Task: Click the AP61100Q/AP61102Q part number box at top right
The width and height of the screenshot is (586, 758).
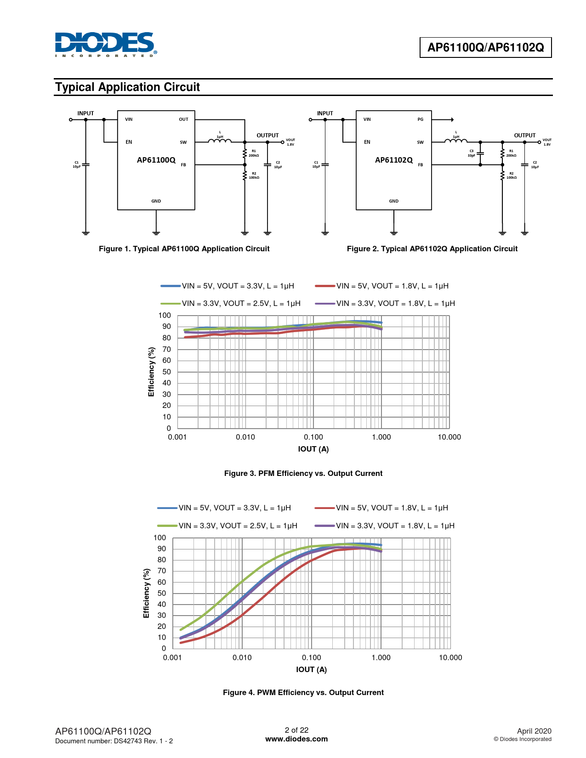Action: (485, 47)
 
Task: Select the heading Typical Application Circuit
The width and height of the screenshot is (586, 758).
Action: (127, 87)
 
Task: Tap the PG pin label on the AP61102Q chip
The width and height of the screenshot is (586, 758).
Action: (420, 119)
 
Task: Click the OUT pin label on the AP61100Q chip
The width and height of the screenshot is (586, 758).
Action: (183, 119)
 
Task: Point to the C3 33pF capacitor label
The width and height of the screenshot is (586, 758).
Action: (472, 153)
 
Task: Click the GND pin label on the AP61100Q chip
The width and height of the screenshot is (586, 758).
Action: (156, 201)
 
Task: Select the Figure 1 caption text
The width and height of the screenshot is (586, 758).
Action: (184, 249)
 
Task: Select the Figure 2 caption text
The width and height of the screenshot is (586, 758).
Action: (432, 249)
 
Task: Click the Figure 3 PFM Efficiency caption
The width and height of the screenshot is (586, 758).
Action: (303, 474)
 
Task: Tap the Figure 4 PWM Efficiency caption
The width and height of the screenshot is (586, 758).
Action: (303, 693)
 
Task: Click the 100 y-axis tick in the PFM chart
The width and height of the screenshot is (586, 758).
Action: (165, 316)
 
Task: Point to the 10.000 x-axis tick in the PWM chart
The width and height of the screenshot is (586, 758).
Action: (450, 658)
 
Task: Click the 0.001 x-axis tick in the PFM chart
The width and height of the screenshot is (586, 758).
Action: (177, 437)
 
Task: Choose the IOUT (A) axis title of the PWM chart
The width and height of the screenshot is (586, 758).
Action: (311, 670)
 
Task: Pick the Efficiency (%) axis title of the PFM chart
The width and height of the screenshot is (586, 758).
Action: (151, 372)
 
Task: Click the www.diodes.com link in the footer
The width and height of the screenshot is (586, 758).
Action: (296, 739)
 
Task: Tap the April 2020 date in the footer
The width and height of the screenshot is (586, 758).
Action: (534, 731)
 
